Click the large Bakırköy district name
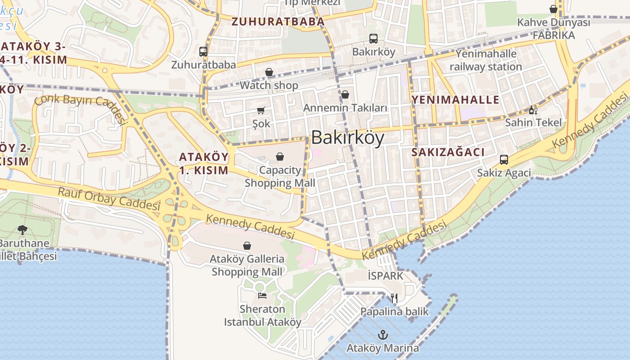347,137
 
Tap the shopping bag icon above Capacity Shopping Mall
280,157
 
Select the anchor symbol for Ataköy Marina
382,334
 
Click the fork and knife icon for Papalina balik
394,298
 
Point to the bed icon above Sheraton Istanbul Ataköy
262,295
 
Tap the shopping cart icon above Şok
261,110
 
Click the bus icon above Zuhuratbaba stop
203,52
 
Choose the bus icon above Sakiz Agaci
504,160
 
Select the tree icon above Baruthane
22,230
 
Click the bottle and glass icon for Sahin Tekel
533,110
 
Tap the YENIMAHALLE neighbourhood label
455,99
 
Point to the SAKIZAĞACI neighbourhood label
448,152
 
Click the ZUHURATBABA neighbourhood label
278,22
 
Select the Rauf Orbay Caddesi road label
109,198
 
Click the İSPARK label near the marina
385,275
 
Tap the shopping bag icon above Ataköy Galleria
247,246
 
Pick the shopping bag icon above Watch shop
269,72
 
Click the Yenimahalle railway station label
486,60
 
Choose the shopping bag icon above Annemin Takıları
345,94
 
